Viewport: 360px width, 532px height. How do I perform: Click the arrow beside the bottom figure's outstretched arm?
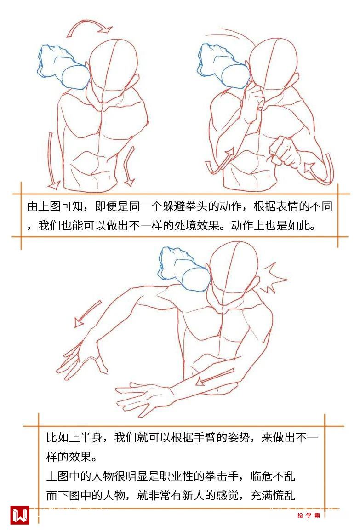coord(87,314)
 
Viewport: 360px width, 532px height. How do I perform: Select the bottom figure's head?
coord(234,271)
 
